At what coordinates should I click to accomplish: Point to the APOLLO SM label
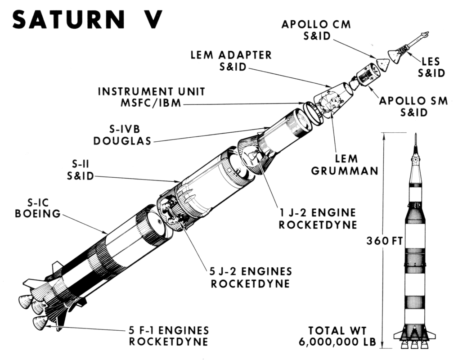coord(413,101)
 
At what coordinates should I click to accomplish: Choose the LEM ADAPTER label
coord(231,55)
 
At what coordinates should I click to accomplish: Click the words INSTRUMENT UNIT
coord(152,92)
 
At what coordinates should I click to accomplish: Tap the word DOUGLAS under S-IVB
coord(122,140)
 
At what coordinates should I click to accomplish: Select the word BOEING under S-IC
coord(38,213)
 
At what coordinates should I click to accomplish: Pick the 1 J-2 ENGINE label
coord(317,212)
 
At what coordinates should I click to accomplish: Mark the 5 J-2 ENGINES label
coord(250,272)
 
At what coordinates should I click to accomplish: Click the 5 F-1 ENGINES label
coord(168,330)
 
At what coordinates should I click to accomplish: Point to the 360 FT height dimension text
coord(384,241)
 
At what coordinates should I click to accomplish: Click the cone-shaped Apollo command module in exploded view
coord(383,63)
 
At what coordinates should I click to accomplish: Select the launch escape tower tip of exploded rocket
coord(424,35)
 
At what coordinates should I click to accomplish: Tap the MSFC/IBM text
coord(152,103)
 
